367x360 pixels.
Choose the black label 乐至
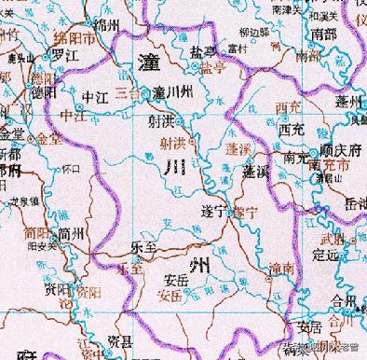coord(142,250)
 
